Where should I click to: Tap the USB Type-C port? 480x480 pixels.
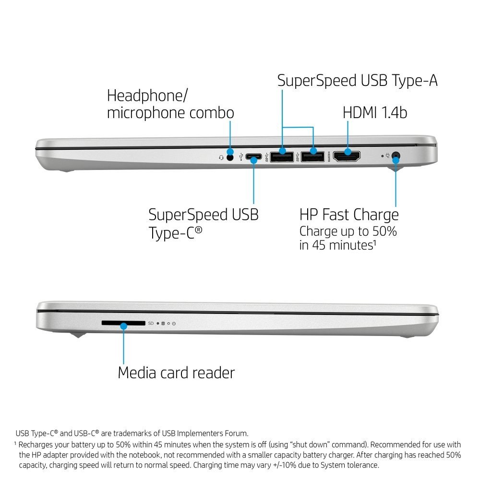click(x=253, y=157)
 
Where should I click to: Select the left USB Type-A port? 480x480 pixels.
click(x=282, y=156)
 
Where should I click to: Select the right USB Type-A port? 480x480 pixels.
click(x=312, y=156)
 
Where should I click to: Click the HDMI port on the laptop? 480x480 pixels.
click(x=347, y=156)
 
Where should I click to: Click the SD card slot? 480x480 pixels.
click(x=123, y=323)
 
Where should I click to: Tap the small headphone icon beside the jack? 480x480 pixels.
click(x=221, y=157)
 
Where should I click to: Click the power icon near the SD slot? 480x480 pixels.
click(x=174, y=323)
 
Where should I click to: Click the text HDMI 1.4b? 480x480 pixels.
click(x=375, y=112)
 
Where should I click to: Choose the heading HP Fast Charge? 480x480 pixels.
click(x=349, y=215)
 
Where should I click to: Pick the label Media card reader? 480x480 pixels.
click(x=176, y=372)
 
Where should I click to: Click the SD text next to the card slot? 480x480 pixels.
click(x=151, y=323)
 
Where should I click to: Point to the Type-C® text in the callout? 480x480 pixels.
click(x=175, y=233)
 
